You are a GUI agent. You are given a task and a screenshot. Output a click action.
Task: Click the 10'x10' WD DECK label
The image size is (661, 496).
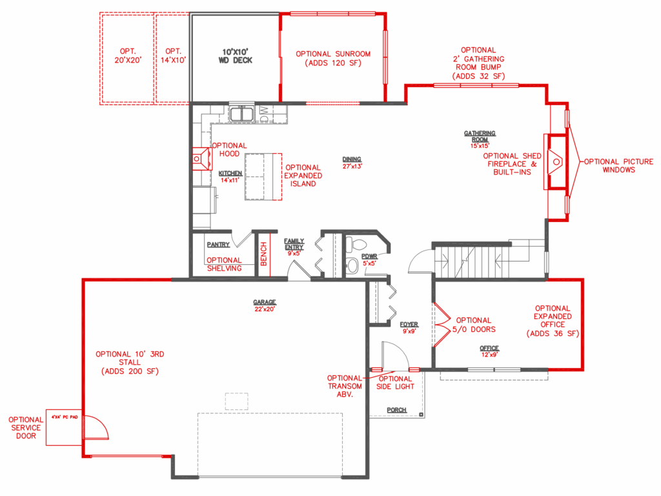(x=235, y=56)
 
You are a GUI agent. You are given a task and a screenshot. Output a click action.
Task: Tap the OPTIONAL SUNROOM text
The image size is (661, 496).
(x=333, y=54)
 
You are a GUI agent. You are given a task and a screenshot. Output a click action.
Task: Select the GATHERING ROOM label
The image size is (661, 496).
(x=480, y=136)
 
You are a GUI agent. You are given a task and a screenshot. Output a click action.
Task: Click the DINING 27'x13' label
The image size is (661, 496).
(x=352, y=162)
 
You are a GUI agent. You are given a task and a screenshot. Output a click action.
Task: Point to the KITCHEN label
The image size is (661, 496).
(x=230, y=173)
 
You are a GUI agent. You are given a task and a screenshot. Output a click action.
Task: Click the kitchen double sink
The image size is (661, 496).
(x=241, y=114)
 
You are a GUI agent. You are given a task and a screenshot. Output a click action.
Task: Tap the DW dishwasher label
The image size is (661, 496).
(x=264, y=114)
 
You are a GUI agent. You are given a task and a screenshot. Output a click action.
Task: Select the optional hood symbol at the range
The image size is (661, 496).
(x=202, y=159)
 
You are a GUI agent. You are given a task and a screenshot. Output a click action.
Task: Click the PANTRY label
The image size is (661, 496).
(x=218, y=245)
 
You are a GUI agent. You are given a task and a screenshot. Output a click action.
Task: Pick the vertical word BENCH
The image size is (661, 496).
(x=264, y=254)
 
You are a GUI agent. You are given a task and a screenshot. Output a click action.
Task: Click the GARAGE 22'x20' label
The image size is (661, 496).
(x=265, y=305)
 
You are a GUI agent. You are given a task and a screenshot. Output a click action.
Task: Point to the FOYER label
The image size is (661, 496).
(x=409, y=324)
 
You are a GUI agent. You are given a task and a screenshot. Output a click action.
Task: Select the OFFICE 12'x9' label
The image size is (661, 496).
(x=489, y=351)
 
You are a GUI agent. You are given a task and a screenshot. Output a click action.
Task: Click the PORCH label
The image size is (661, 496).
(x=397, y=410)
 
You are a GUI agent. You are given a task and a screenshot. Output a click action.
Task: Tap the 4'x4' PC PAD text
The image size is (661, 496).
(x=65, y=417)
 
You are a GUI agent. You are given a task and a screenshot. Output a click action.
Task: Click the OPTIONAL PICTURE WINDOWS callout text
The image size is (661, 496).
(x=618, y=166)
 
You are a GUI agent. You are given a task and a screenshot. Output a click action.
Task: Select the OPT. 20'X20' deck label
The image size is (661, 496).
(x=128, y=56)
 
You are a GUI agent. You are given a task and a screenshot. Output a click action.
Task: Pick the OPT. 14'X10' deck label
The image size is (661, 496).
(x=173, y=56)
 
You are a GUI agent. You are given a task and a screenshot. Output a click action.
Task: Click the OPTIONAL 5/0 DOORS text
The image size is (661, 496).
(x=474, y=325)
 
